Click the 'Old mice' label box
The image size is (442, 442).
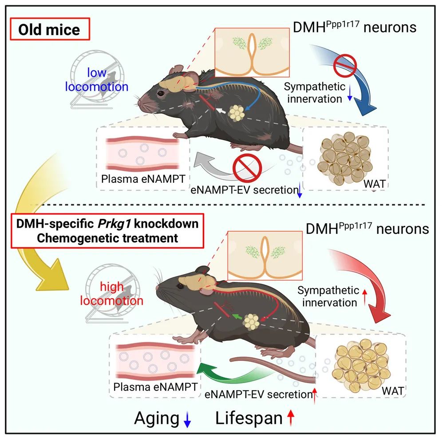pyautogui.click(x=49, y=30)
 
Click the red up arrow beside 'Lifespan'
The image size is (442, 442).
pyautogui.click(x=291, y=418)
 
